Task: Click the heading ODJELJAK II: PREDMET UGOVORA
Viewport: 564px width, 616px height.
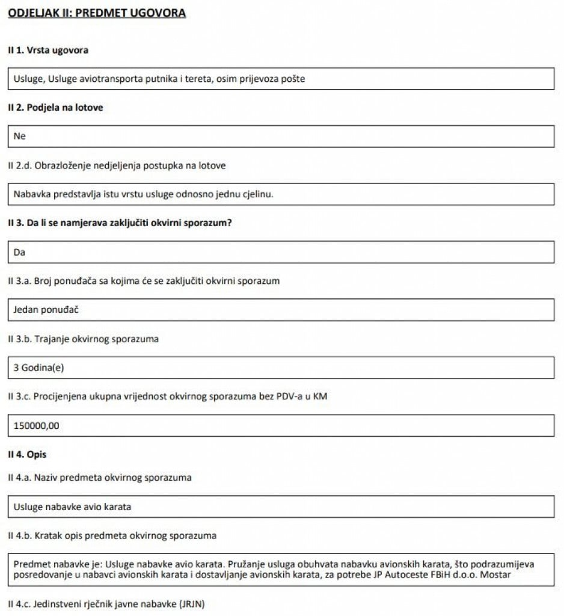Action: click(97, 13)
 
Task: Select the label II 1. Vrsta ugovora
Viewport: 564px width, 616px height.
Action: click(48, 51)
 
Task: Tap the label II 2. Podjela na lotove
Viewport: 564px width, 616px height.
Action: click(55, 108)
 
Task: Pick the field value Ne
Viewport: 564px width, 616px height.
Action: click(20, 137)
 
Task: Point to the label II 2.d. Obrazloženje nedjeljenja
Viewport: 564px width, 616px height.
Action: click(117, 165)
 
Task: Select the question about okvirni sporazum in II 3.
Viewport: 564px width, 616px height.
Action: click(120, 223)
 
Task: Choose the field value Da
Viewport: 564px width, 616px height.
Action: click(19, 252)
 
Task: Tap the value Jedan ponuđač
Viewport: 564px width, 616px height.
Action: click(46, 310)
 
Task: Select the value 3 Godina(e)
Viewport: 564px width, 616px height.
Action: click(38, 368)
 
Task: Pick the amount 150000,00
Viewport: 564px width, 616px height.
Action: click(37, 425)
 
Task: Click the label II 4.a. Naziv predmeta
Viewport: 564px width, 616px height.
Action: click(99, 478)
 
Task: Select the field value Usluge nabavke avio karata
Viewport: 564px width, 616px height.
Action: click(72, 507)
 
